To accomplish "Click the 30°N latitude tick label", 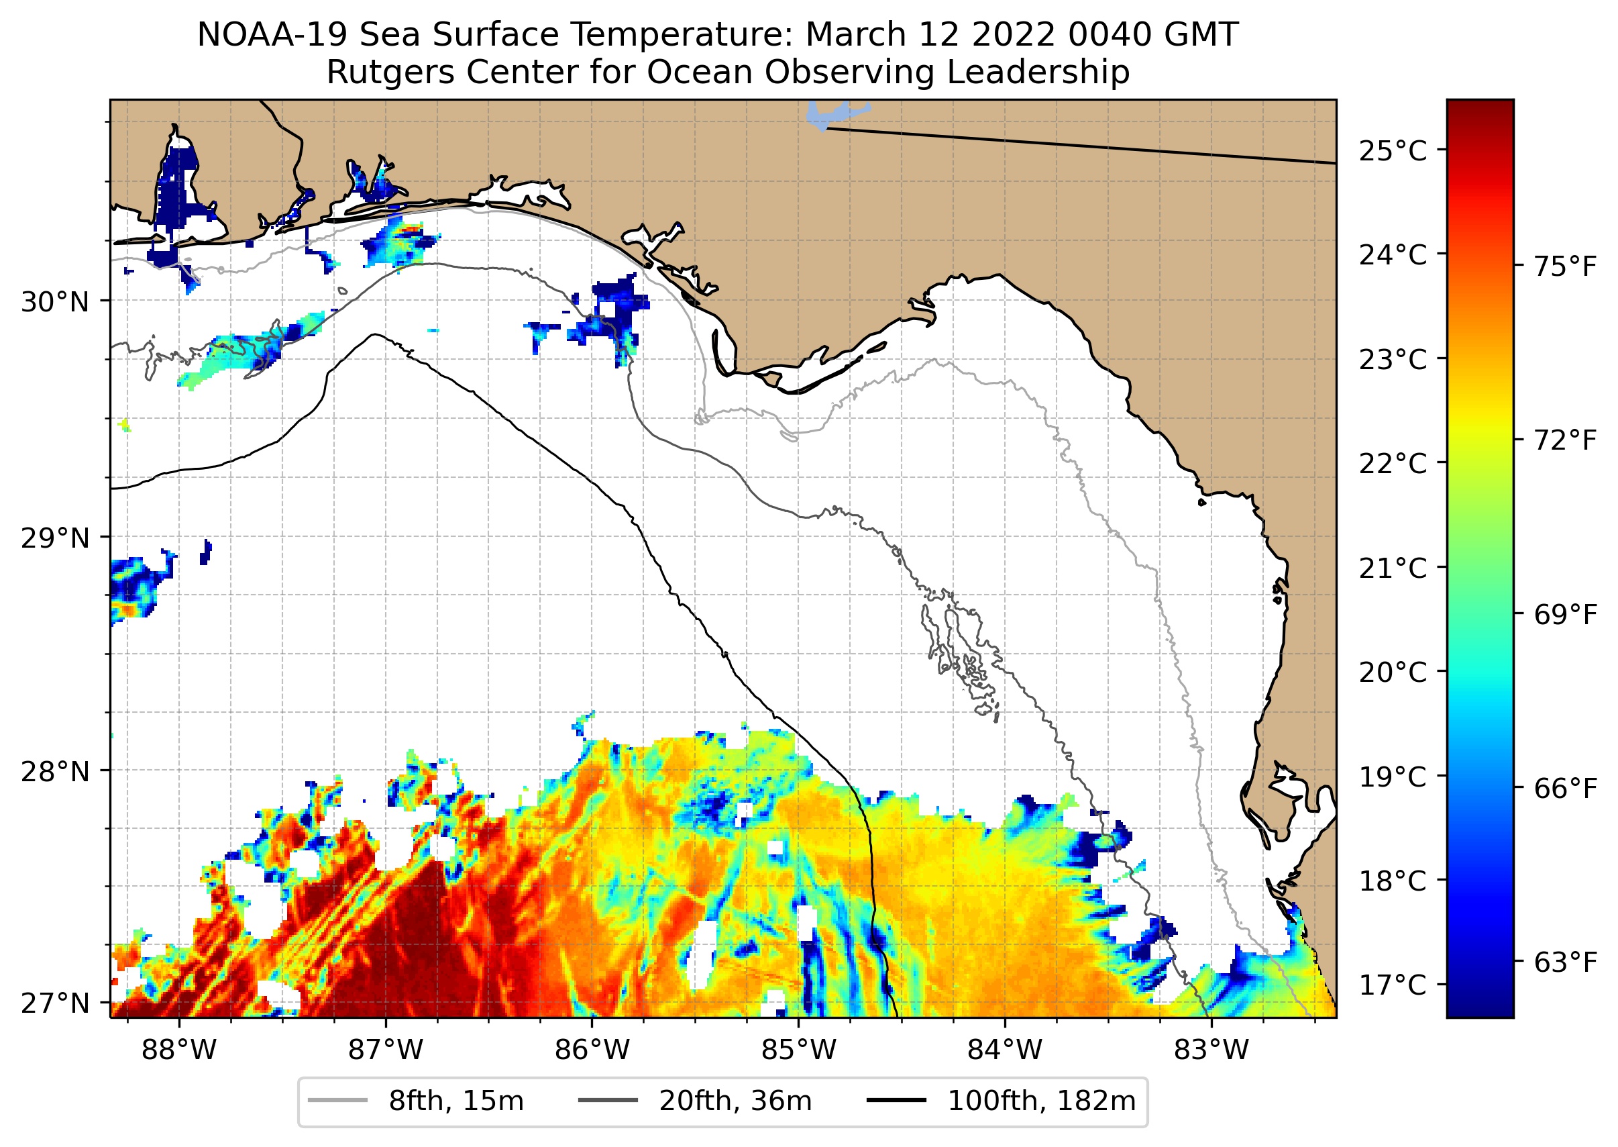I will pyautogui.click(x=55, y=302).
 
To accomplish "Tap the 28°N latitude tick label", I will pyautogui.click(x=55, y=772).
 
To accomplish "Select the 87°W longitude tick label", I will pyautogui.click(x=386, y=1050).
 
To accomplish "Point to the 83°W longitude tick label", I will pyautogui.click(x=1211, y=1050).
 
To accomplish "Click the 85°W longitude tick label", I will pyautogui.click(x=798, y=1050).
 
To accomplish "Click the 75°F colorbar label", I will pyautogui.click(x=1564, y=267).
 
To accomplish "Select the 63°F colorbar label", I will pyautogui.click(x=1564, y=962).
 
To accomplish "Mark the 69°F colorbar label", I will pyautogui.click(x=1564, y=615).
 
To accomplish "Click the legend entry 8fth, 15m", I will pyautogui.click(x=455, y=1101).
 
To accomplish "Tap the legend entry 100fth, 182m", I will pyautogui.click(x=1041, y=1101).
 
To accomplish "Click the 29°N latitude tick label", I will pyautogui.click(x=55, y=538).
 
